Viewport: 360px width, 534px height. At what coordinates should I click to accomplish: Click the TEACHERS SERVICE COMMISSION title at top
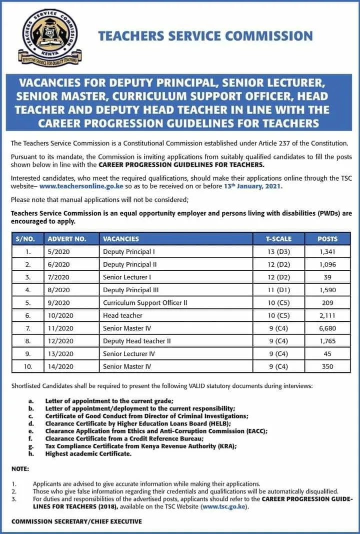point(205,36)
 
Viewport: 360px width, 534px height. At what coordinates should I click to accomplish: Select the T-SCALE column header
point(278,239)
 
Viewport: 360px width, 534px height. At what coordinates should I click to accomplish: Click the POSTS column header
point(327,239)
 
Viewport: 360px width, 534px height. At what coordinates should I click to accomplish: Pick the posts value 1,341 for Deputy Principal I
point(327,252)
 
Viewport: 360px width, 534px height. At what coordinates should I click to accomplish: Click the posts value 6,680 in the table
point(327,328)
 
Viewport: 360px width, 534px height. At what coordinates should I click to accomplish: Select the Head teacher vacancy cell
point(122,315)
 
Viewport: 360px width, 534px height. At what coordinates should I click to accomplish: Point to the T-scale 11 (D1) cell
point(278,290)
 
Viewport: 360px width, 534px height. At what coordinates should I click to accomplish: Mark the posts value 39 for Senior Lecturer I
point(327,277)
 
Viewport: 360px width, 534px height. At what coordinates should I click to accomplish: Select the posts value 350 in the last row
point(327,366)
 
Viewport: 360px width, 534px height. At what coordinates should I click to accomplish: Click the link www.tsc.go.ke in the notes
point(223,506)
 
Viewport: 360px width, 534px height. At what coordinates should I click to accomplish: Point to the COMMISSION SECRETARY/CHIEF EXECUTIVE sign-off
point(76,521)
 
